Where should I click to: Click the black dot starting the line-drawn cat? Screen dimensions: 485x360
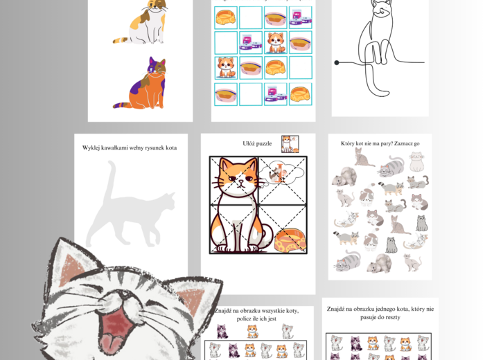337,63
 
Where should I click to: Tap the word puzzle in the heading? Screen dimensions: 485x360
265,144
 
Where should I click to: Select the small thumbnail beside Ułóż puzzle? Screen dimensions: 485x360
290,144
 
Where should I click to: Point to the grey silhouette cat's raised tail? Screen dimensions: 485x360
109,179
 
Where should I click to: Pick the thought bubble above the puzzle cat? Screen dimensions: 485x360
281,174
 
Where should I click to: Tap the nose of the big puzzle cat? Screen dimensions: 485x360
241,183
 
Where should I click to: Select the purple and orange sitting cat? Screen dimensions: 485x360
142,84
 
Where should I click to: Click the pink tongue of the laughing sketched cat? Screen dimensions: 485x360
112,343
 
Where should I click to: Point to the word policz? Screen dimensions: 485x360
243,319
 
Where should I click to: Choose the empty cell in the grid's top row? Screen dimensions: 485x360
251,17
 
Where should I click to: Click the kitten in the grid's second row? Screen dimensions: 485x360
276,43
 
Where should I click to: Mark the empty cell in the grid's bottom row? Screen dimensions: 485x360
251,94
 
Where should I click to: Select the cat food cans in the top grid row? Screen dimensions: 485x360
300,17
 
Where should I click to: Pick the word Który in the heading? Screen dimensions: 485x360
348,143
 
